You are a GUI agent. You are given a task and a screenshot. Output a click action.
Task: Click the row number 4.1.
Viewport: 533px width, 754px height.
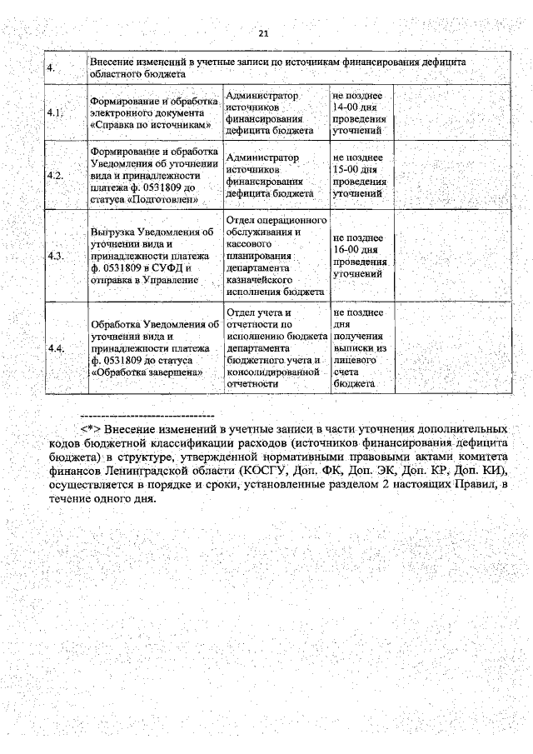click(56, 112)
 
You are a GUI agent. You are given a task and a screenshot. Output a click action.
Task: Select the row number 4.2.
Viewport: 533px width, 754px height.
click(56, 177)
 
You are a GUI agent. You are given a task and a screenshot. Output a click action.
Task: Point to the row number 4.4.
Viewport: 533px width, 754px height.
click(56, 348)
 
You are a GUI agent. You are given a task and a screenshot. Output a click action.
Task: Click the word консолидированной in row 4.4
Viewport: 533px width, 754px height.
click(271, 372)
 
